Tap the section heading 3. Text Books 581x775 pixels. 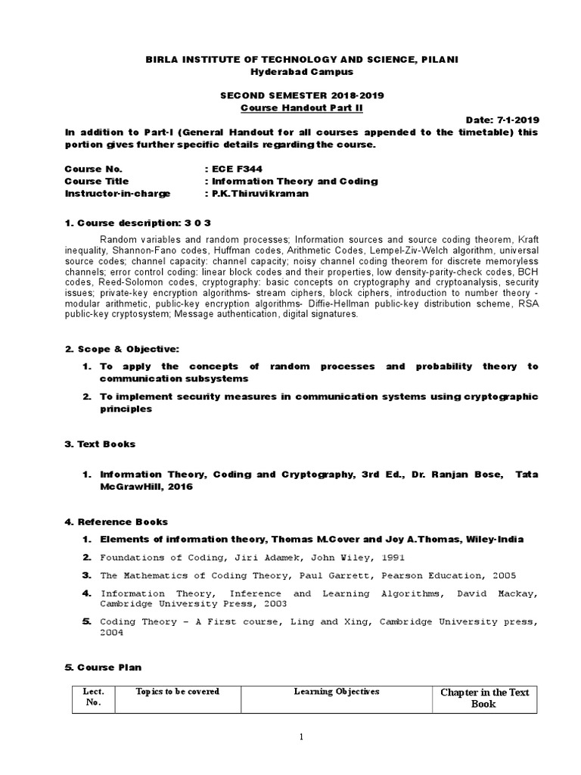(x=101, y=444)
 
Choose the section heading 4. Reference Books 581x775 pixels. (x=117, y=521)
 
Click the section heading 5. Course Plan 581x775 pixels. (x=104, y=667)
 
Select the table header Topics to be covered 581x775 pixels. (x=177, y=692)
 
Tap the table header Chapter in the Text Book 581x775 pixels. (x=483, y=698)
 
